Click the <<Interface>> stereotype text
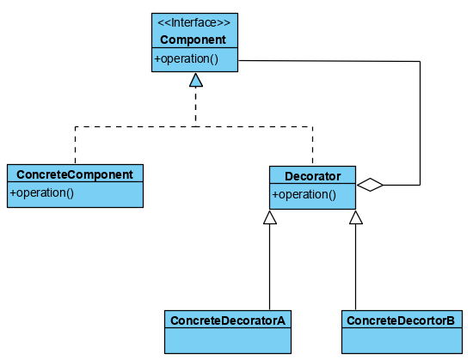click(194, 23)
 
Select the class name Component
click(193, 40)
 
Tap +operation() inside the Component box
click(186, 58)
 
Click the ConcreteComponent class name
click(75, 174)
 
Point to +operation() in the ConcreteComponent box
click(41, 192)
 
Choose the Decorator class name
click(313, 176)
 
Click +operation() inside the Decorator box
click(304, 195)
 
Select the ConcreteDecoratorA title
click(228, 320)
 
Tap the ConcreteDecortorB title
click(401, 320)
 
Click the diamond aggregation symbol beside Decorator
click(370, 185)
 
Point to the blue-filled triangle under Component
click(196, 80)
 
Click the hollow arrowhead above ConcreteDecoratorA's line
click(270, 217)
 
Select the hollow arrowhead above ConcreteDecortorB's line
click(356, 217)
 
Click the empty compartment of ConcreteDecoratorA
click(228, 341)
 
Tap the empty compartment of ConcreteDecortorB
click(402, 341)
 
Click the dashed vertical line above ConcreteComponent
click(75, 145)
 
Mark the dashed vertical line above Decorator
click(312, 146)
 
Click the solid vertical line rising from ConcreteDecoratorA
click(270, 267)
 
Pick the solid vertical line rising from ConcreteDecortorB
click(356, 267)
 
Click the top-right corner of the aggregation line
click(420, 62)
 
